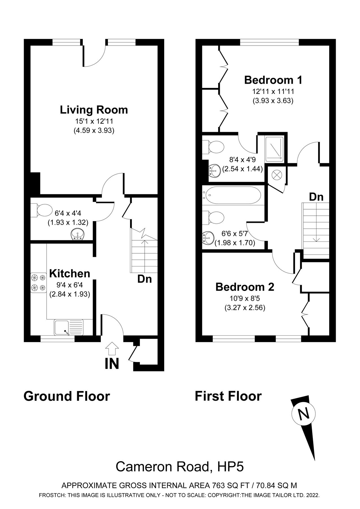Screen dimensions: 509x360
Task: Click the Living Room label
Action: (94, 110)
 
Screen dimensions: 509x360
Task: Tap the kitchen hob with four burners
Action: (38, 282)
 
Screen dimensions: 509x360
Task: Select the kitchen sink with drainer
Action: (69, 327)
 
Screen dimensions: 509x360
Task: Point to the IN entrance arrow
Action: (112, 348)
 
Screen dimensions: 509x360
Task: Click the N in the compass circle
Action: (303, 415)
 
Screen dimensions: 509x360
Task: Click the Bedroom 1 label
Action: (273, 80)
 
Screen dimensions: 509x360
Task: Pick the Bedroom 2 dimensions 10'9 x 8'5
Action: (245, 298)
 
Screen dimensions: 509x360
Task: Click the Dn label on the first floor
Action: (316, 197)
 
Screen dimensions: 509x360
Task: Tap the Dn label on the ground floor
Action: (144, 279)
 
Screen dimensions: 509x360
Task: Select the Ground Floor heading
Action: (67, 396)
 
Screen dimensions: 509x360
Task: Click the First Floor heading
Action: (228, 396)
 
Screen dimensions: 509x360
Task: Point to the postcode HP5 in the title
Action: (231, 467)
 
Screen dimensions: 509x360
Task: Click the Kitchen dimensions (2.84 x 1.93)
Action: (70, 294)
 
